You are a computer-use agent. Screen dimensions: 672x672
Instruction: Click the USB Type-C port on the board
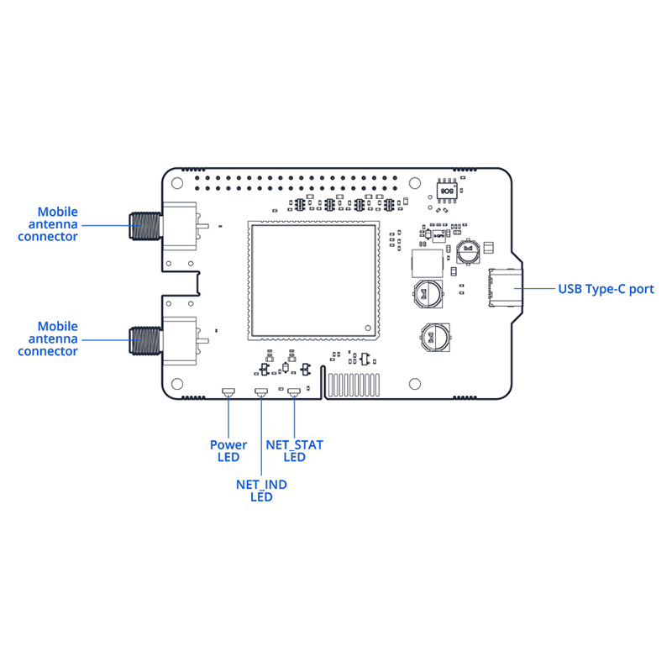tap(504, 288)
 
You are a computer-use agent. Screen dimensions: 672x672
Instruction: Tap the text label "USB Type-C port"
tap(606, 289)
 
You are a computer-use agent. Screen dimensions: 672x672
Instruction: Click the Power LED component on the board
tap(228, 392)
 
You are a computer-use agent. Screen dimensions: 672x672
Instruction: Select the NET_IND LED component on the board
tap(260, 392)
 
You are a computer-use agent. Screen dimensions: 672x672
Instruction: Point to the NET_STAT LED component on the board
tap(294, 392)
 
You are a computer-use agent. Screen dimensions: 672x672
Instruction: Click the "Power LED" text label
tap(228, 451)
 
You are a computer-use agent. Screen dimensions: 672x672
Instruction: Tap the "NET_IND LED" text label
tap(261, 491)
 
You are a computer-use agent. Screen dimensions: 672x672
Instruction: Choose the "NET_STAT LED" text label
tap(294, 451)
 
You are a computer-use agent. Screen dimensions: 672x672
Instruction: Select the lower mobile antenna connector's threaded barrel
tap(144, 339)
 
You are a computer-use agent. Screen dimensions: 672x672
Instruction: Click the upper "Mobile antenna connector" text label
tap(58, 224)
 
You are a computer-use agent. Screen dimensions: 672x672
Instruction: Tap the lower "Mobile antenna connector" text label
tap(58, 339)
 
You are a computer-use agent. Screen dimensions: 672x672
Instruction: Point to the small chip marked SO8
tap(447, 190)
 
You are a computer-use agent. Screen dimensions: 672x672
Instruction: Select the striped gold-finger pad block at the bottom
tap(353, 386)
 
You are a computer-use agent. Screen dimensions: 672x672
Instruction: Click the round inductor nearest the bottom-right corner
tap(434, 339)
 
